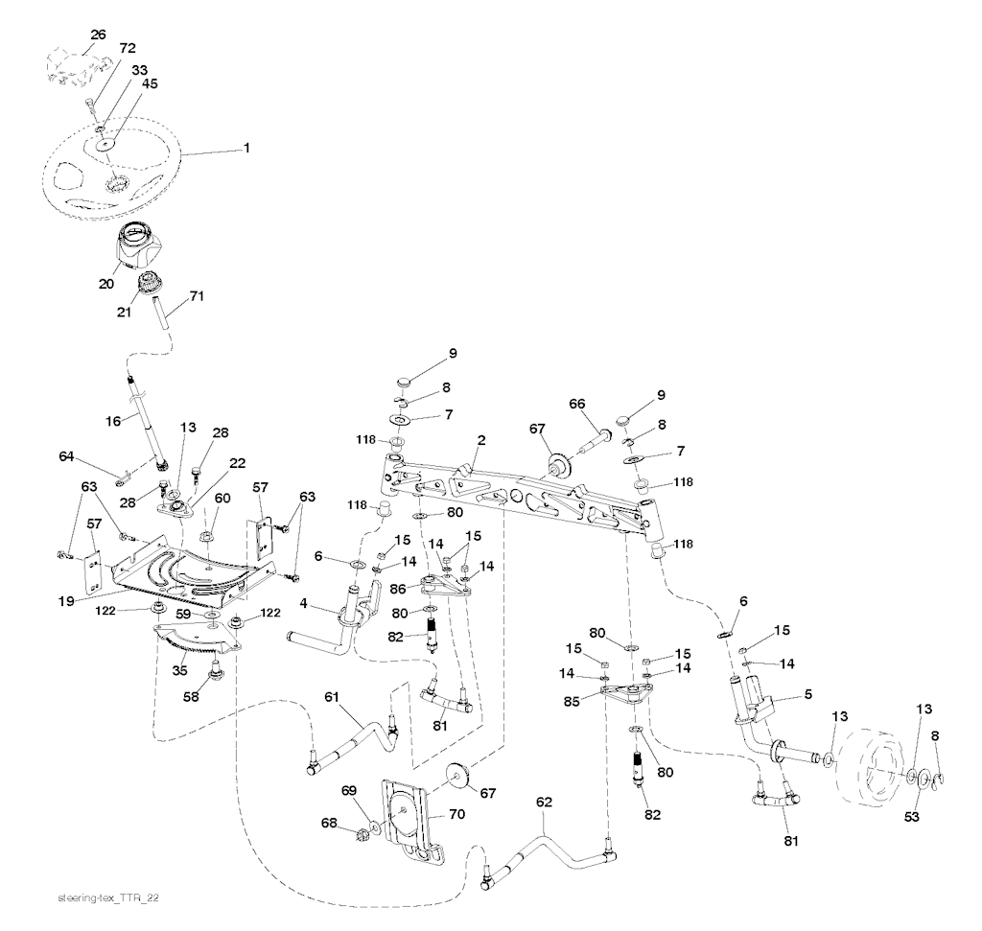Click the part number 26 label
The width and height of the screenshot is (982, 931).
(x=98, y=35)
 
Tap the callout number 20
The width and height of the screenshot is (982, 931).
(x=105, y=283)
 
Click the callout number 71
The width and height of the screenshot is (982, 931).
(x=197, y=297)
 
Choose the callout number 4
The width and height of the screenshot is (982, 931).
(x=303, y=602)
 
